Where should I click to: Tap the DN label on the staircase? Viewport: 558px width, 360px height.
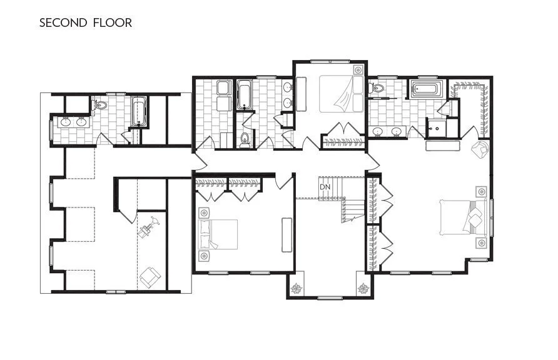click(324, 187)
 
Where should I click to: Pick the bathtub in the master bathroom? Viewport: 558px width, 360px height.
click(427, 90)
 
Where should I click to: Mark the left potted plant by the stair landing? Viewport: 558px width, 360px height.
click(296, 289)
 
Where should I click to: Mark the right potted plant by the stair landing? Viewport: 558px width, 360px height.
click(363, 289)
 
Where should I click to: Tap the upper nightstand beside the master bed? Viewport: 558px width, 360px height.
click(480, 191)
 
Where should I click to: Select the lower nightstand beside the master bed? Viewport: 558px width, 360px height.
click(480, 242)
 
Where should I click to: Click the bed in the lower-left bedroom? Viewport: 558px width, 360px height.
click(218, 235)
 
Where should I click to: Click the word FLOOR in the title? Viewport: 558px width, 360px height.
click(114, 23)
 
